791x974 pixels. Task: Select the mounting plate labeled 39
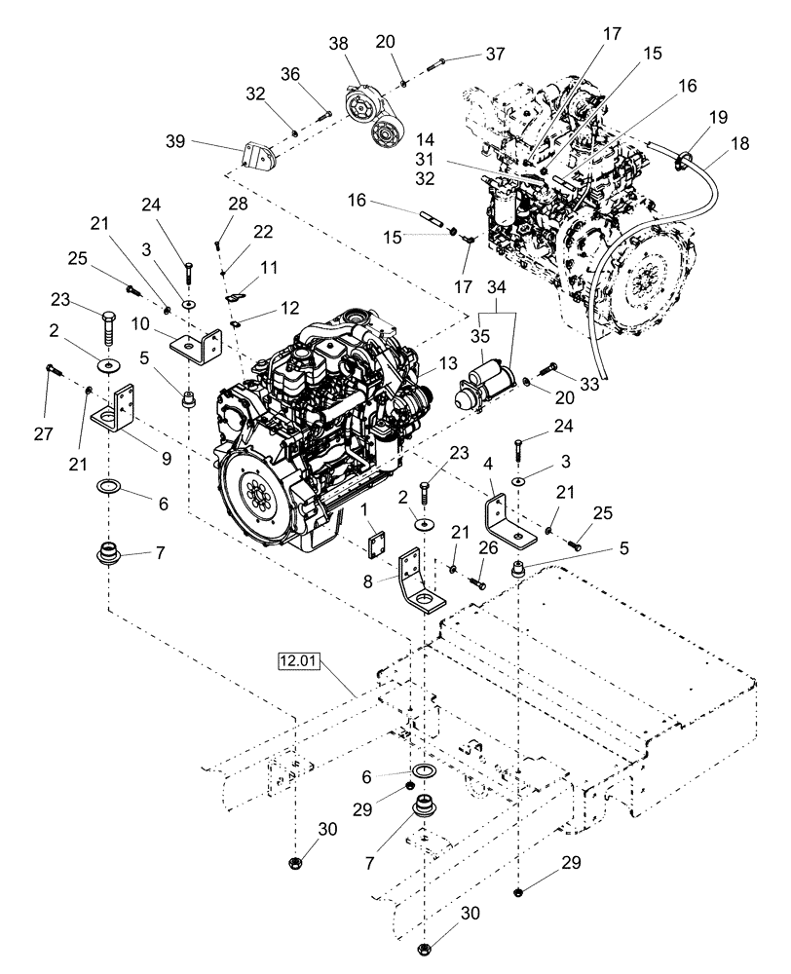click(258, 159)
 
